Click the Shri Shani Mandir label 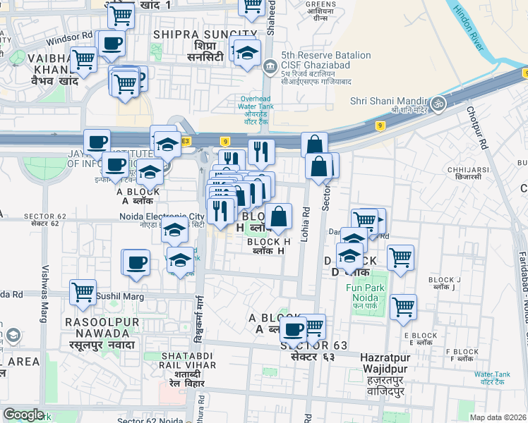point(391,100)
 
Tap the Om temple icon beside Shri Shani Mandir point(439,103)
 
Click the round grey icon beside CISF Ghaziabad point(269,68)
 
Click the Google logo point(23,414)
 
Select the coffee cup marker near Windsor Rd point(112,44)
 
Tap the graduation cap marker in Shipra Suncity point(247,54)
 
